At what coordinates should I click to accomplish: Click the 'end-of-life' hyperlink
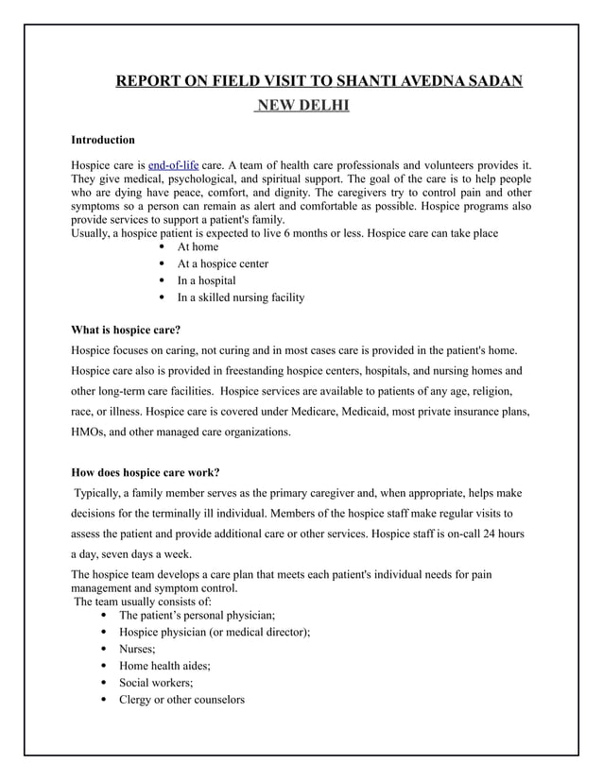[x=174, y=166]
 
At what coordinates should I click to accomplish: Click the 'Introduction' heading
[x=103, y=140]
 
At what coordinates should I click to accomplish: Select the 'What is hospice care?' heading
[x=126, y=331]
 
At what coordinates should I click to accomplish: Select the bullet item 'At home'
[x=198, y=247]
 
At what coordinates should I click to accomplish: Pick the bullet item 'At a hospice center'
[x=223, y=264]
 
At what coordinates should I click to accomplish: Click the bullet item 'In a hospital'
[x=207, y=281]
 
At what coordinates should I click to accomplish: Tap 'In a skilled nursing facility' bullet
[x=241, y=298]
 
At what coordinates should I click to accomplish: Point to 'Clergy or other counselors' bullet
[x=181, y=700]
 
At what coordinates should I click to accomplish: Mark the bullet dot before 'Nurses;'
[x=102, y=649]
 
